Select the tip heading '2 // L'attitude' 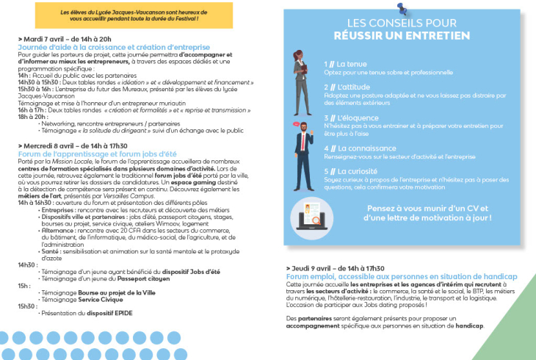348,87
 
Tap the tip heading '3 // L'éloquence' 350,117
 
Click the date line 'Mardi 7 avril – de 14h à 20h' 66,38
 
